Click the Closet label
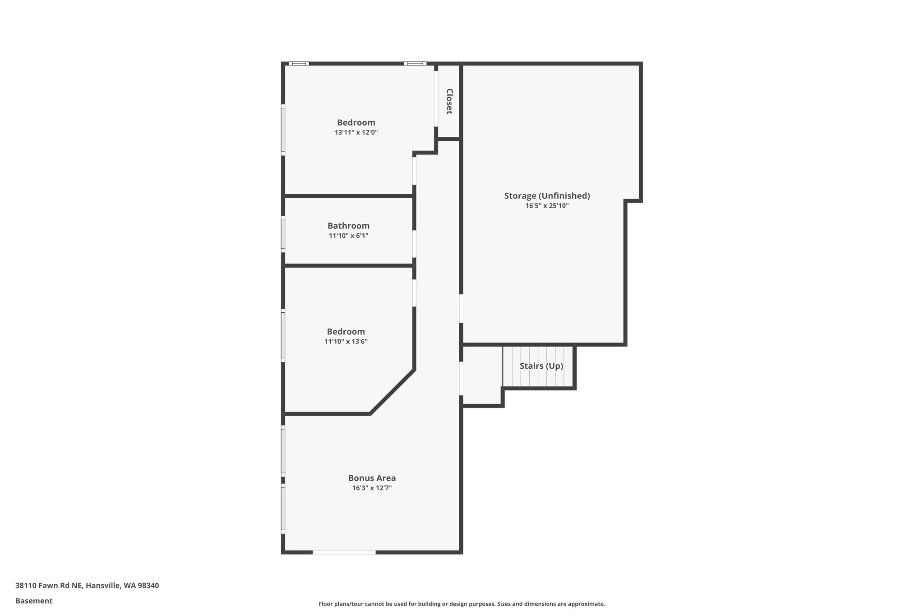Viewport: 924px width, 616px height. [x=449, y=101]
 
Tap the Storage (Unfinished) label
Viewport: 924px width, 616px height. [x=547, y=196]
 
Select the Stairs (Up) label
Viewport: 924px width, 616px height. [x=541, y=366]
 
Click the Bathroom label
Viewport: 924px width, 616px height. [x=348, y=226]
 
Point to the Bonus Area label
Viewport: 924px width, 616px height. [x=372, y=478]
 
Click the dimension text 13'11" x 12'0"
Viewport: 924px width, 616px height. [x=356, y=133]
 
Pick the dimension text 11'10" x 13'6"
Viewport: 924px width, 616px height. [x=346, y=342]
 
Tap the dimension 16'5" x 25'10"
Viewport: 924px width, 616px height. [x=547, y=206]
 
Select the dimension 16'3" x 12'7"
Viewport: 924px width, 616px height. [x=372, y=488]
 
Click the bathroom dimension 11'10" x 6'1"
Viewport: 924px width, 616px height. [x=348, y=236]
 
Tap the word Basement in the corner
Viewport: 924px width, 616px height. [x=34, y=601]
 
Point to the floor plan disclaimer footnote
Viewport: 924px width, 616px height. [x=462, y=604]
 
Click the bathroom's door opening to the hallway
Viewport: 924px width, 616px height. [x=414, y=244]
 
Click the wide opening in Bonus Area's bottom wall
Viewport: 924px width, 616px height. [x=344, y=552]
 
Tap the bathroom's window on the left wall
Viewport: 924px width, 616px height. [x=283, y=234]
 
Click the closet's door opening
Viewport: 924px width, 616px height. [x=436, y=98]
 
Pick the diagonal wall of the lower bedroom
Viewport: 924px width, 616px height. [x=392, y=392]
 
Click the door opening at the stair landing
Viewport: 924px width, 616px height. [x=461, y=378]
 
